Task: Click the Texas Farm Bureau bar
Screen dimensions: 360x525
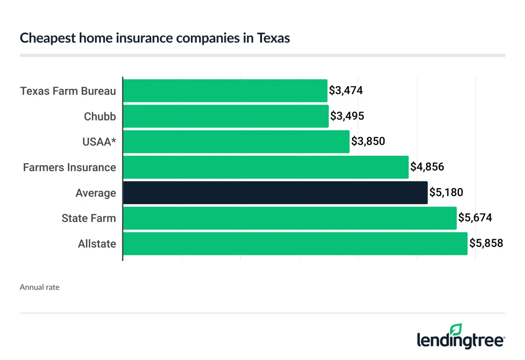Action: click(225, 91)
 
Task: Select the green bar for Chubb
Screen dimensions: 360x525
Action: click(226, 116)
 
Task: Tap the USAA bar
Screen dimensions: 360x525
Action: click(236, 142)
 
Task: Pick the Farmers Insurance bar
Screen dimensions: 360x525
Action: click(266, 167)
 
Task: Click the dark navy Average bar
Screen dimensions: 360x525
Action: click(275, 193)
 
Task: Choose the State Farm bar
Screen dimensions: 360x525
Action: click(290, 218)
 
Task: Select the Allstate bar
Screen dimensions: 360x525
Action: click(295, 244)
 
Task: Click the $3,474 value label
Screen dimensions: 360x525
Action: click(346, 91)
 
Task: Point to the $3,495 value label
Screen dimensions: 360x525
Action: click(347, 116)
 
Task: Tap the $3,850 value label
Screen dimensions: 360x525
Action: click(368, 141)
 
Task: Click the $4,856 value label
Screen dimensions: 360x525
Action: click(427, 167)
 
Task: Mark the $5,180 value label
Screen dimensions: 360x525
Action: click(446, 192)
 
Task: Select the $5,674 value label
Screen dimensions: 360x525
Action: click(475, 218)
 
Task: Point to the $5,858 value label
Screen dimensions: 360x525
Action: click(486, 243)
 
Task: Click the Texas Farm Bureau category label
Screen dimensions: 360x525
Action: click(68, 91)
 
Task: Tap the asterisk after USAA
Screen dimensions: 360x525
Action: click(113, 140)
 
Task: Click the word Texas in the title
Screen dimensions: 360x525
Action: click(273, 38)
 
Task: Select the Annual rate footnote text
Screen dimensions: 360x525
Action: click(40, 287)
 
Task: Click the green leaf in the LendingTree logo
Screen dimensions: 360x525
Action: click(456, 330)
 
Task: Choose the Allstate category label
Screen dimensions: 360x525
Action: click(97, 244)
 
